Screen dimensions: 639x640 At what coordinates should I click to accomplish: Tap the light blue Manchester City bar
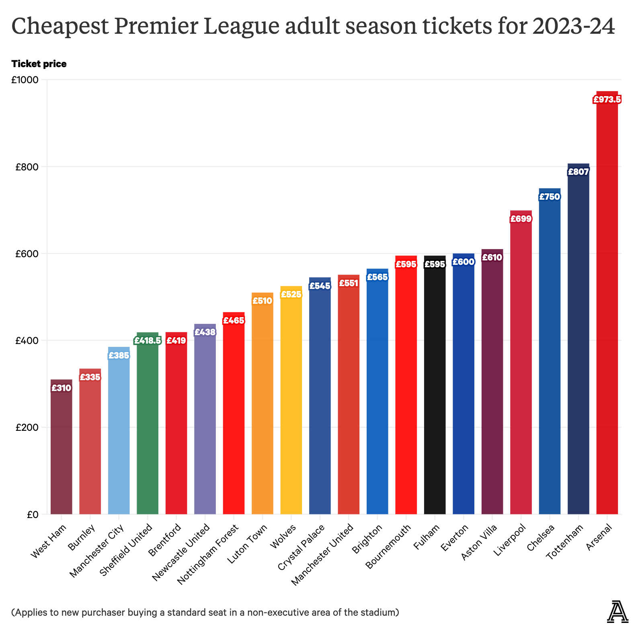point(119,434)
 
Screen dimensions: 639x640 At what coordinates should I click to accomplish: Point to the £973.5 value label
point(607,99)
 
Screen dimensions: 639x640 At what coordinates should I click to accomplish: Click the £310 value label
point(62,388)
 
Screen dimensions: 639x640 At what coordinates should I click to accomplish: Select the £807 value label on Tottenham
point(578,172)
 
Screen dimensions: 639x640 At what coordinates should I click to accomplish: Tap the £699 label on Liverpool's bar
point(521,219)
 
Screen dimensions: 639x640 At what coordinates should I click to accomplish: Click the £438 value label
point(205,332)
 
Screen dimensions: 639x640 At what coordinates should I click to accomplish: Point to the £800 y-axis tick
point(27,167)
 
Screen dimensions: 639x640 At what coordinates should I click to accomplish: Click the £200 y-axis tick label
point(27,428)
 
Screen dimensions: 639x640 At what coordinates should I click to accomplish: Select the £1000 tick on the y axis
point(25,80)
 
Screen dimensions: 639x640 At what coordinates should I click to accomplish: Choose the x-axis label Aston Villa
point(479,542)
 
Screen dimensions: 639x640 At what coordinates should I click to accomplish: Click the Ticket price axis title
point(39,64)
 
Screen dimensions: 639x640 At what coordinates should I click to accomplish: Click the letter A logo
point(617,612)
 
